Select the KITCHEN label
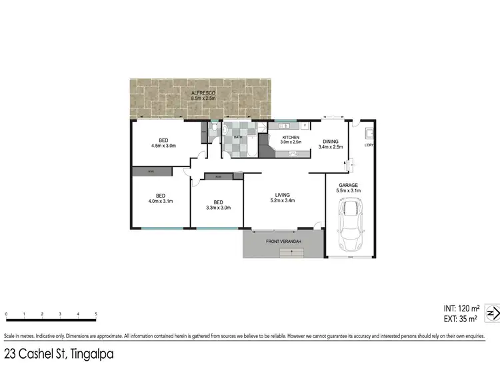(291, 137)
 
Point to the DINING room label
(331, 141)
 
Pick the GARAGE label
(349, 186)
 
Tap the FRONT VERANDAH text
(284, 240)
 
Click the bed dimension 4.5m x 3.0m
(163, 145)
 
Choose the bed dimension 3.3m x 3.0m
(218, 207)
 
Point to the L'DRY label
(369, 145)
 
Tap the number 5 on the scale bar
(96, 313)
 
